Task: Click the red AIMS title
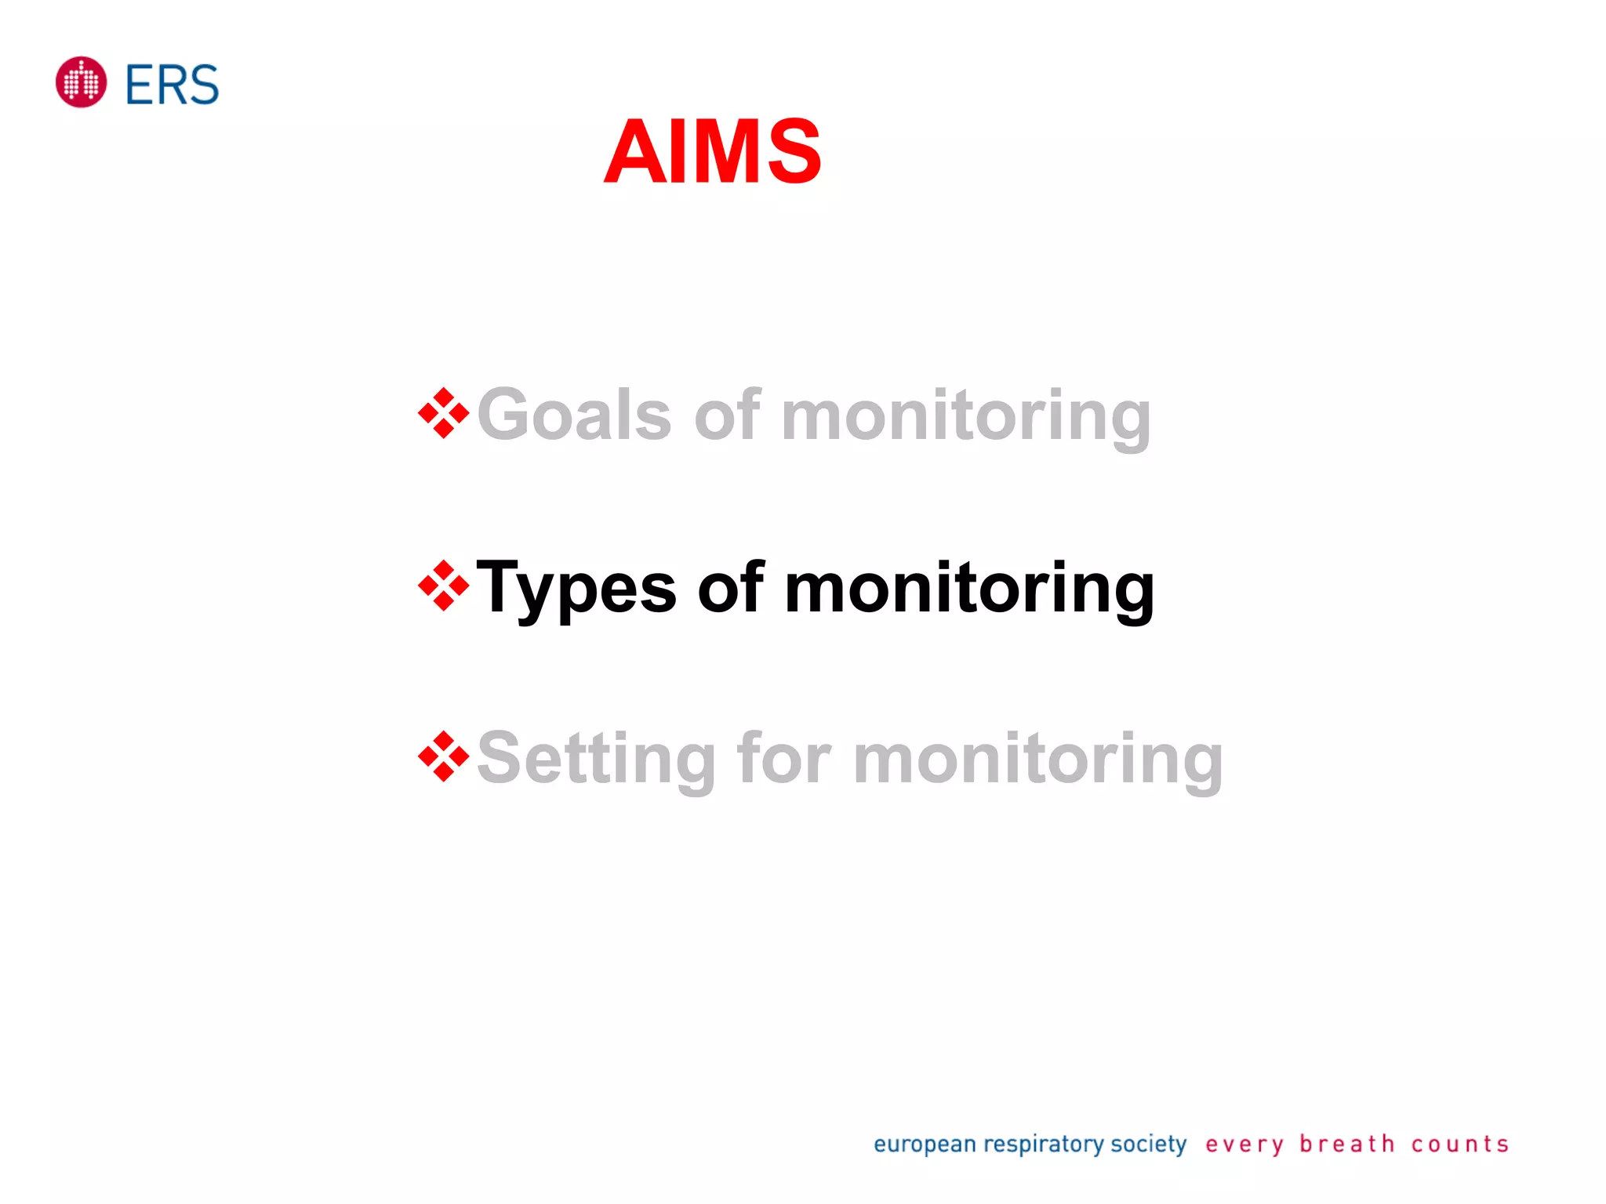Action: coord(712,151)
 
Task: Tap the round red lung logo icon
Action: coord(81,82)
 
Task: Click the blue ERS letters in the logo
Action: coord(172,85)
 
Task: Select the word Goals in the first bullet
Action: coord(574,415)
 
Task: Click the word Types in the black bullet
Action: coord(576,589)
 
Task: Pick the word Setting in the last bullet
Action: coord(596,759)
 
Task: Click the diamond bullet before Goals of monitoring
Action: coord(443,413)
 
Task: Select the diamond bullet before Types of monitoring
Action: coord(443,586)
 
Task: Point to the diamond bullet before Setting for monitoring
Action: coord(443,756)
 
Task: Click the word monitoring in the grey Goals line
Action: coord(966,416)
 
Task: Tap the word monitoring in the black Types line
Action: coord(969,589)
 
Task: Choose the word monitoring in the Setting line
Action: coord(1038,759)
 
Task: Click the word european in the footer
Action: coord(925,1144)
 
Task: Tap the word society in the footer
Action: coord(1148,1144)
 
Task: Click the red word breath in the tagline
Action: coord(1346,1144)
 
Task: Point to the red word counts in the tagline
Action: coord(1459,1144)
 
